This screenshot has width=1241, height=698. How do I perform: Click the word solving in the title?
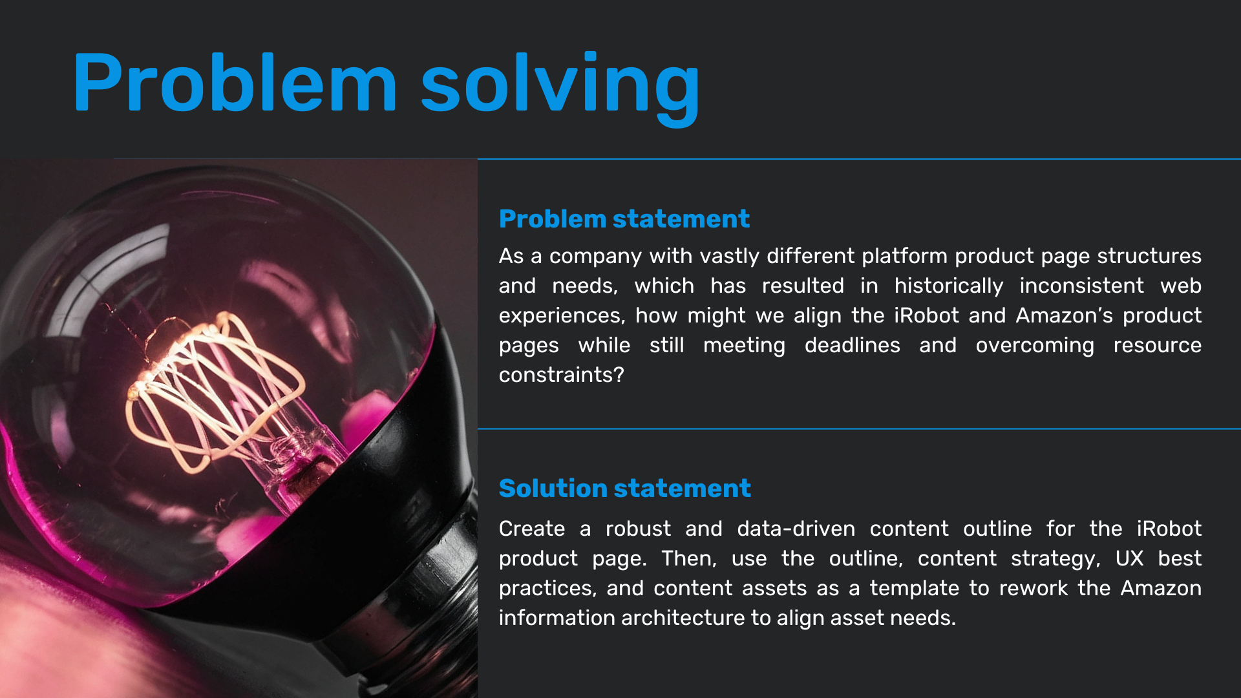[x=560, y=87]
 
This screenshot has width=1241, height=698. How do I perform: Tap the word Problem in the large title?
[x=235, y=82]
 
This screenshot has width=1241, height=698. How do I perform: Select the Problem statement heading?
[x=624, y=219]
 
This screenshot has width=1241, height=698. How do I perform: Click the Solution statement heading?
[x=625, y=489]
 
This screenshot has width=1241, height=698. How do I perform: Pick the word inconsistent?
[x=1081, y=286]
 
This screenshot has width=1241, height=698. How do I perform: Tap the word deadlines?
[x=852, y=345]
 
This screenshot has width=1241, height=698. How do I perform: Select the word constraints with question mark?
[x=561, y=375]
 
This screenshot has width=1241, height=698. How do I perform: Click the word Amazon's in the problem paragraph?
[x=1065, y=315]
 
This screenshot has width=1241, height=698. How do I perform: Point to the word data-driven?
[x=796, y=529]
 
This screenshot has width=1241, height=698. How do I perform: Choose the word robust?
[x=638, y=529]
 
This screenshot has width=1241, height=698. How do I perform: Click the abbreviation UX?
[x=1129, y=558]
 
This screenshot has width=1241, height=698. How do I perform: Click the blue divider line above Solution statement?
[x=859, y=428]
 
